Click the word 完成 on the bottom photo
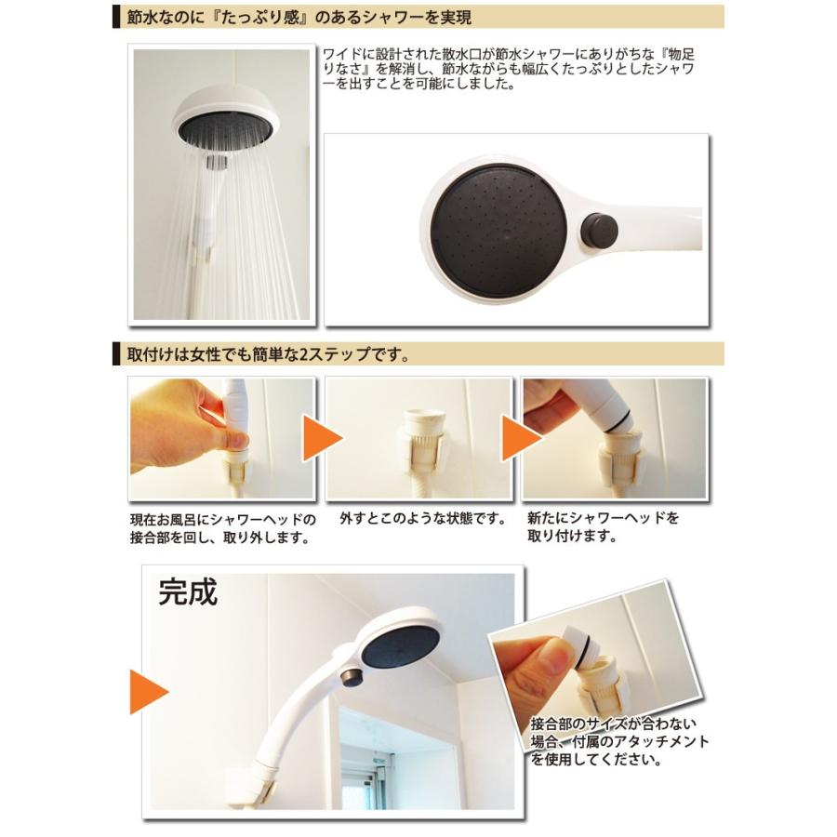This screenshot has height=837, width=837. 188,592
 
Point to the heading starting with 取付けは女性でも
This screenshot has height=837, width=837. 270,355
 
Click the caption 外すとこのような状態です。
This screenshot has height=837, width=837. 422,518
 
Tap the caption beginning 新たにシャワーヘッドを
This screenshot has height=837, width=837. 603,527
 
